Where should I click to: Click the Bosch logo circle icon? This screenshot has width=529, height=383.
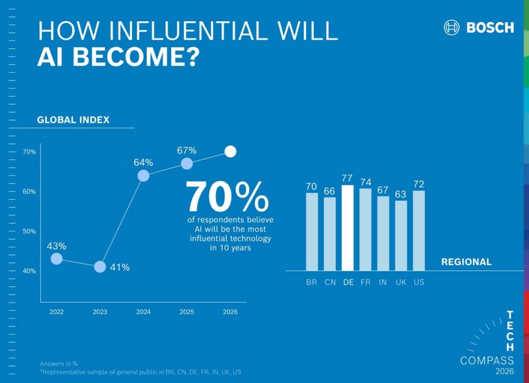click(452, 27)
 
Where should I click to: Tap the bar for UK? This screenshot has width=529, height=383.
click(401, 235)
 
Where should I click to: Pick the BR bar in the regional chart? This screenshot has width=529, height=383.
click(312, 231)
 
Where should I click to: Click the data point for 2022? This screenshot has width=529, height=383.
click(57, 258)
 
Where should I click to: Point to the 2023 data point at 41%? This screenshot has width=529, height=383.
click(100, 267)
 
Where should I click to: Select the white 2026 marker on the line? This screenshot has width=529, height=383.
click(230, 152)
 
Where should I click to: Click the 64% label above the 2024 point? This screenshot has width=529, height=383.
click(143, 163)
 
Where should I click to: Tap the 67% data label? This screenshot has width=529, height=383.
click(186, 151)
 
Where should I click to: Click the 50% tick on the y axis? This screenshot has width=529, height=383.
click(29, 231)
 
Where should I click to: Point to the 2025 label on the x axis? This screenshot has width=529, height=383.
click(186, 312)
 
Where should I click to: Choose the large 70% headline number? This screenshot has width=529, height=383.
click(227, 197)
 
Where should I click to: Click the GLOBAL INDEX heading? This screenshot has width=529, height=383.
click(73, 120)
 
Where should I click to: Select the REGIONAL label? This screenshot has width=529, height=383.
click(466, 262)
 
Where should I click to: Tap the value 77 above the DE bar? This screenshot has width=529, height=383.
click(348, 179)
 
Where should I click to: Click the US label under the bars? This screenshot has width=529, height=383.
click(419, 283)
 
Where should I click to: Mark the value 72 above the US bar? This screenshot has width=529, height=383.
click(419, 184)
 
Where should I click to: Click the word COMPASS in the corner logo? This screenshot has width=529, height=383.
click(487, 360)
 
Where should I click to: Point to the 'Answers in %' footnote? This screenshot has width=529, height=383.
click(58, 363)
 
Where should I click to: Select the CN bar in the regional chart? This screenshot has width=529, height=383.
click(330, 234)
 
